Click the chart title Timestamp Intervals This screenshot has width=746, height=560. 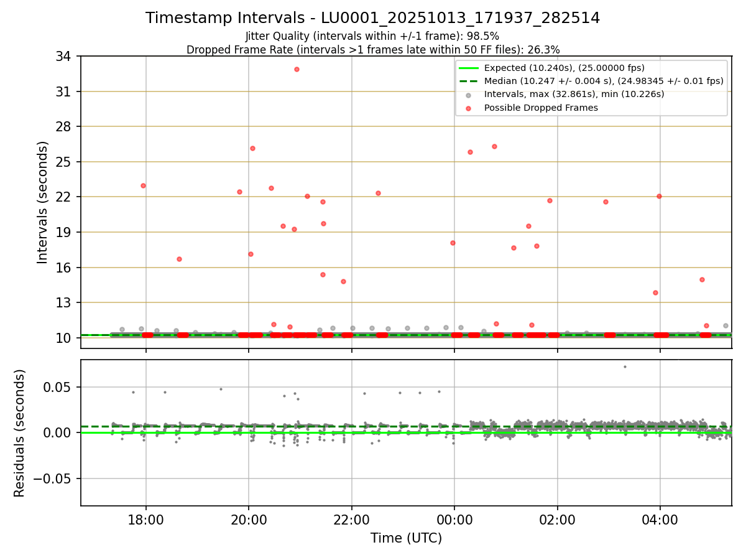point(372,18)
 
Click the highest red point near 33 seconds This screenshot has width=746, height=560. point(297,69)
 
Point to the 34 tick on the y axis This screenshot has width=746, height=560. point(64,57)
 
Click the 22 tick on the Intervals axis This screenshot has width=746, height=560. point(64,197)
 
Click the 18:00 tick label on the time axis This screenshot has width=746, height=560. point(146,520)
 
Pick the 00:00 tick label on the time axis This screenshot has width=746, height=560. point(454,520)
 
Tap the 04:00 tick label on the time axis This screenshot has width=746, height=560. point(660,520)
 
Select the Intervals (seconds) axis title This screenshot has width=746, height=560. point(43,202)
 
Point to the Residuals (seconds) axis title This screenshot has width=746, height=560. point(20,433)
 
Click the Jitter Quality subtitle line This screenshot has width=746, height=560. point(372,36)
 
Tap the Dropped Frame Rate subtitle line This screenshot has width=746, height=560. point(373,49)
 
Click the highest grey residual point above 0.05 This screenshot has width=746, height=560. point(625,366)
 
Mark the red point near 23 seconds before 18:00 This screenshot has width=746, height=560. point(143,185)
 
